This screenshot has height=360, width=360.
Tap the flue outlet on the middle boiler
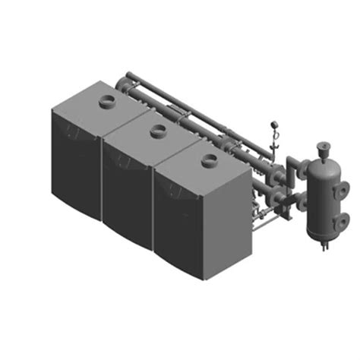pos(158,131)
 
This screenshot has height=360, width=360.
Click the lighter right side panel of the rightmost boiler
pos(228,220)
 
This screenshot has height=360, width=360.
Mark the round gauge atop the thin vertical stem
pos(276,129)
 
